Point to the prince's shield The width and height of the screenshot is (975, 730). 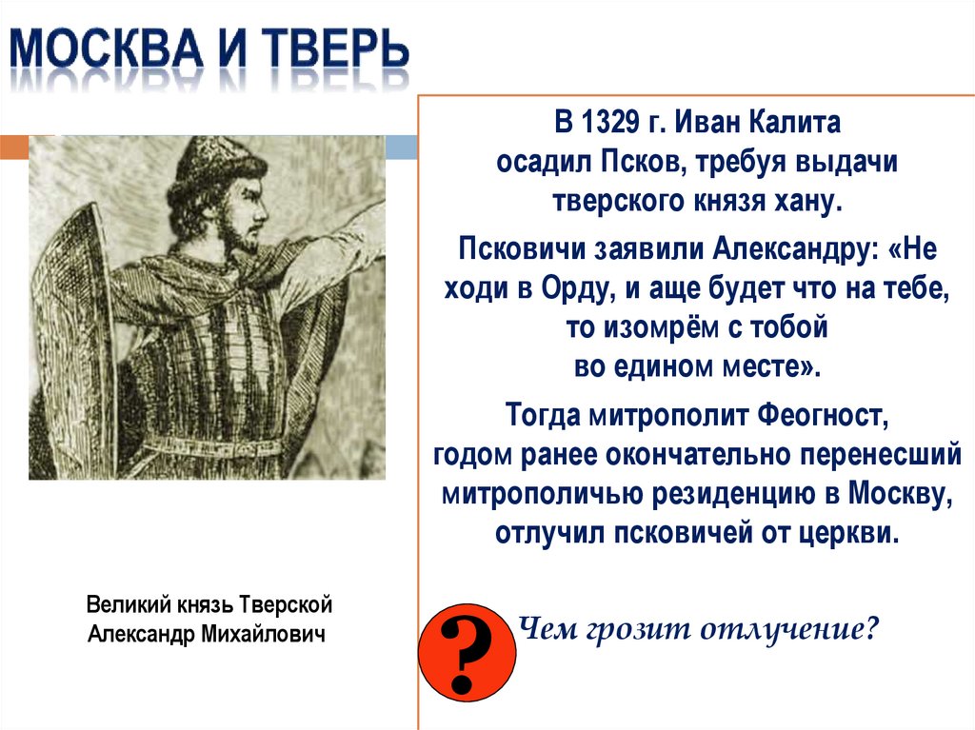76,314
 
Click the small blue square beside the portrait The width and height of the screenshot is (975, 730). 402,146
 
